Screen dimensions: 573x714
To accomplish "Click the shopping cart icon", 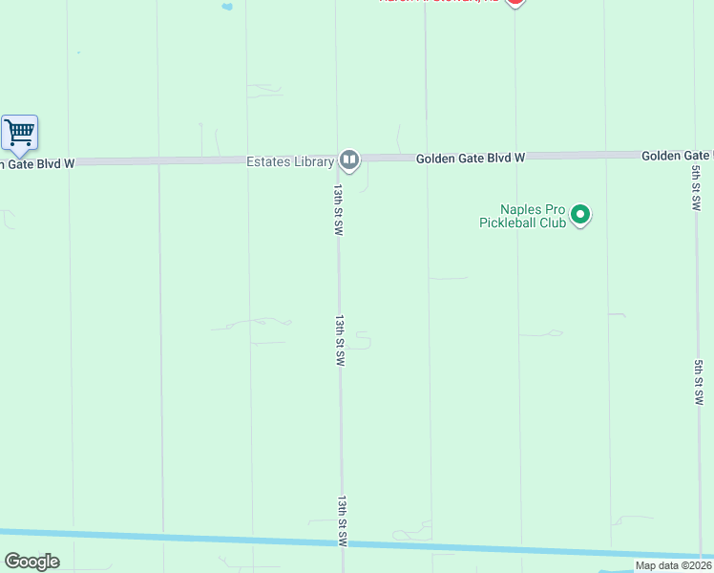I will point(19,132).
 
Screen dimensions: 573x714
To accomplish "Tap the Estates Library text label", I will point(289,162).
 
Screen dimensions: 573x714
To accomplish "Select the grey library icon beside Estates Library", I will point(348,160).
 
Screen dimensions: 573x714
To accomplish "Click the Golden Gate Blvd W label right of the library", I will point(471,159).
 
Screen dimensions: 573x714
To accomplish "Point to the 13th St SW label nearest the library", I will point(338,210).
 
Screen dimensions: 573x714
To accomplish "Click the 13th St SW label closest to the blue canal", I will point(342,520).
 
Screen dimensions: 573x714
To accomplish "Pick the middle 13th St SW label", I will point(340,341).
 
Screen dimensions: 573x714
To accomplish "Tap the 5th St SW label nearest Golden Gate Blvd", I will point(696,189).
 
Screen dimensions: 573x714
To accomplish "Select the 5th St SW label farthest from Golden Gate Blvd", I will point(699,382).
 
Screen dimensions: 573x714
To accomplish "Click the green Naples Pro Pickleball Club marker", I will point(580,216).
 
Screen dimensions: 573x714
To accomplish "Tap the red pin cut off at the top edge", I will point(514,3).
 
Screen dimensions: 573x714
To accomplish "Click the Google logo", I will point(31,562).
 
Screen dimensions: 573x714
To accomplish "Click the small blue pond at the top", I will point(227,7).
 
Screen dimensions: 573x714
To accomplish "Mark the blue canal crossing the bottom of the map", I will point(286,541).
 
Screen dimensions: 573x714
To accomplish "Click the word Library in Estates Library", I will point(314,162).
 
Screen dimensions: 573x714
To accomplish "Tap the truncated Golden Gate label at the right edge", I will point(677,155).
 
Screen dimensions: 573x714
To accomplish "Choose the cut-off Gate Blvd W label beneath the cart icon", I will point(36,163).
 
